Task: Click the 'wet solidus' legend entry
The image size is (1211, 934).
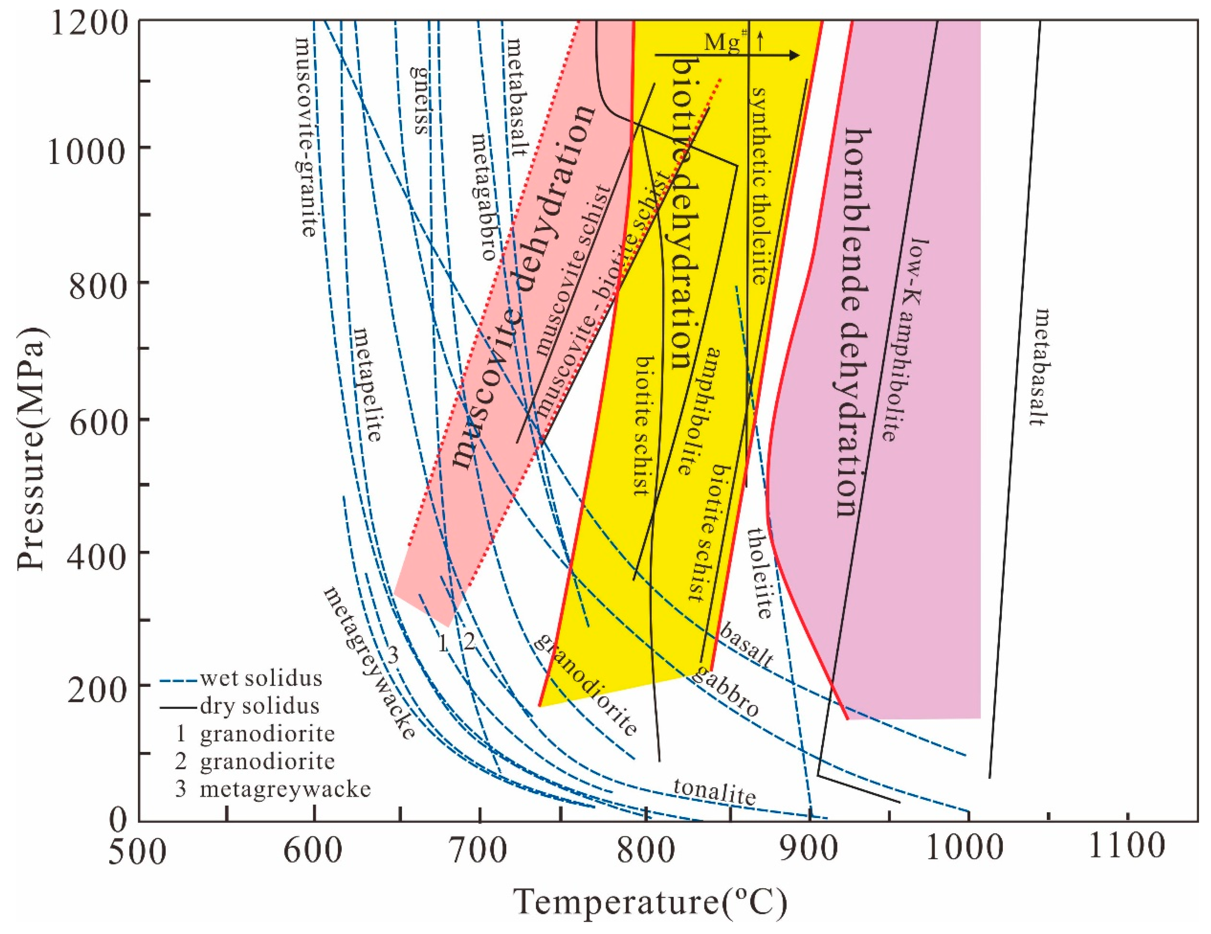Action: pyautogui.click(x=261, y=678)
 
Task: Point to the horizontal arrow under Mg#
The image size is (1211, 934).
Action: pyautogui.click(x=727, y=55)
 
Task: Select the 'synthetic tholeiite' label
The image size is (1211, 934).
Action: pyautogui.click(x=759, y=186)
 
